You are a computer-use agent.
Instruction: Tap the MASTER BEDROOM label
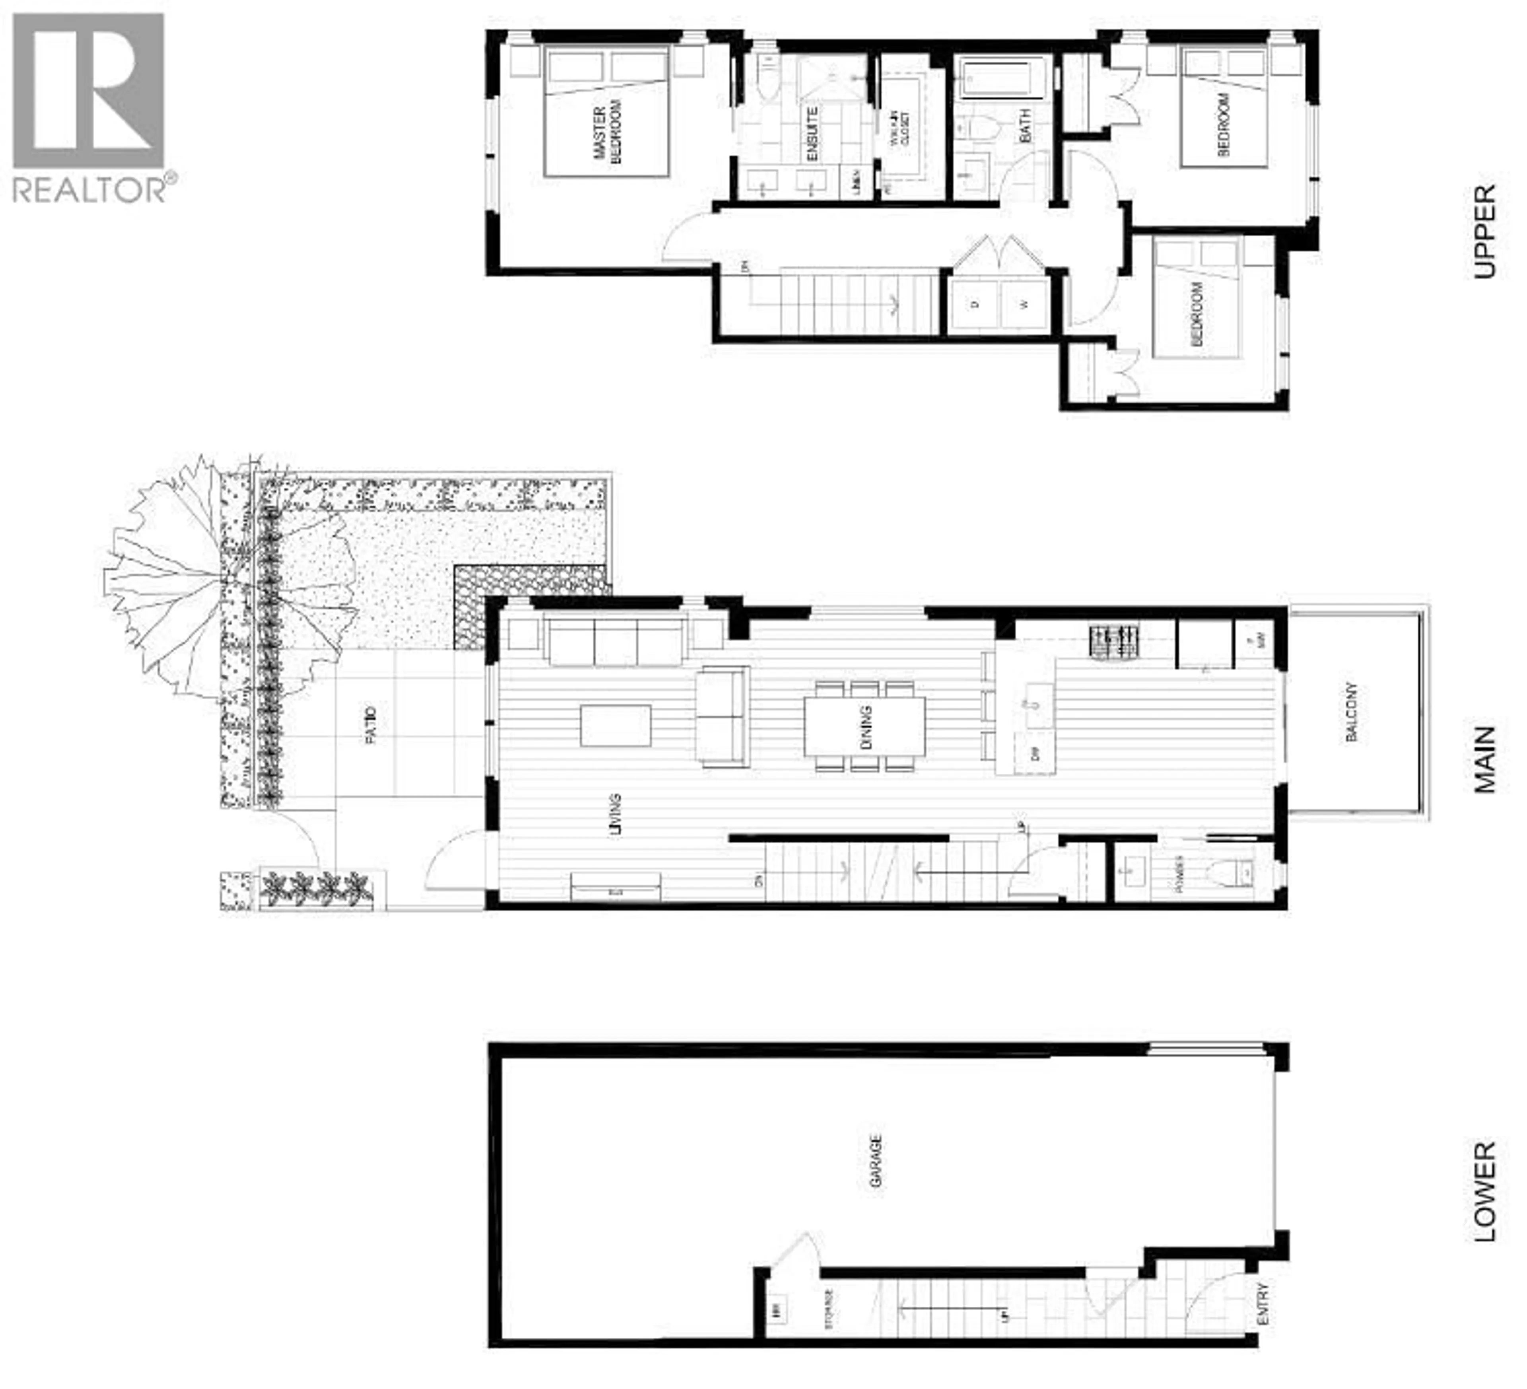point(608,134)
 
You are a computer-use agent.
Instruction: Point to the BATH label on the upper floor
point(1025,126)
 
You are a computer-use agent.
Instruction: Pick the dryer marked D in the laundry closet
point(975,305)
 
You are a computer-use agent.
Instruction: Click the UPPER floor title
point(1484,232)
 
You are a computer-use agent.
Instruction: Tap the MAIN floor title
point(1484,760)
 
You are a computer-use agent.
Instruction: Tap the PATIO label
point(370,725)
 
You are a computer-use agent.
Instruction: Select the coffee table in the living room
point(615,725)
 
